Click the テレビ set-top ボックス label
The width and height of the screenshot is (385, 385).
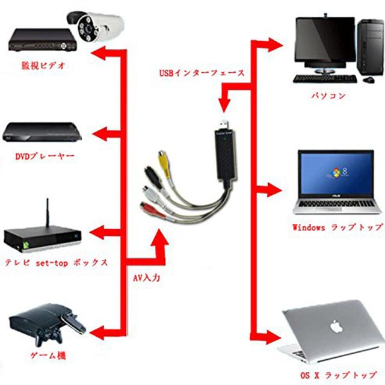point(57,263)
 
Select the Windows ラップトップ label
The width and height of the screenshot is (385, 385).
point(337,228)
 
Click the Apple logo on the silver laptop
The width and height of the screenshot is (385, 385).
point(335,327)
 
